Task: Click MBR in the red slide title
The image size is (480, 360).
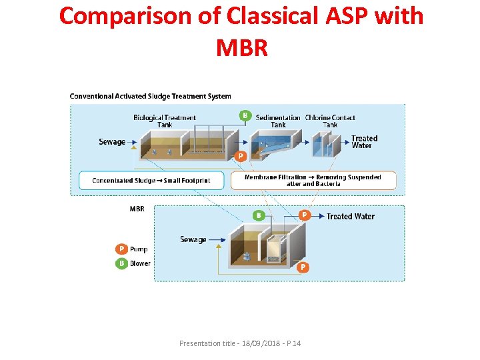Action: pos(241,47)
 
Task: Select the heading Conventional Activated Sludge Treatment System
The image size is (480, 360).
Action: pos(150,96)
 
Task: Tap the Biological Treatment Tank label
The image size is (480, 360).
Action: pos(165,121)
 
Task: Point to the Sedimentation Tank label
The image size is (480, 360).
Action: pos(278,121)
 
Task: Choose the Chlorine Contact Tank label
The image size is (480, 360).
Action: pos(330,121)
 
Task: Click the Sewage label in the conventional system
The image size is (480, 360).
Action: pos(112,142)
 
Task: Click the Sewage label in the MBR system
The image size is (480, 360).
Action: pos(193,239)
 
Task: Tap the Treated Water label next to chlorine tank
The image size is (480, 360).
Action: pos(364,142)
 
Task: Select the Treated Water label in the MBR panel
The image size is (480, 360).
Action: pos(350,216)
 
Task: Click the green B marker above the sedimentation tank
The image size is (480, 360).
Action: pos(245,115)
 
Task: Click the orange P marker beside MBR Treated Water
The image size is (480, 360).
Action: pos(304,215)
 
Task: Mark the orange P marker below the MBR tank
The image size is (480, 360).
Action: pos(303,267)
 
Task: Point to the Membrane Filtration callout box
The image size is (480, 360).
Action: pos(313,181)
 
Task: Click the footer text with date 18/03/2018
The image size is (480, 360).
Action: pos(240,343)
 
